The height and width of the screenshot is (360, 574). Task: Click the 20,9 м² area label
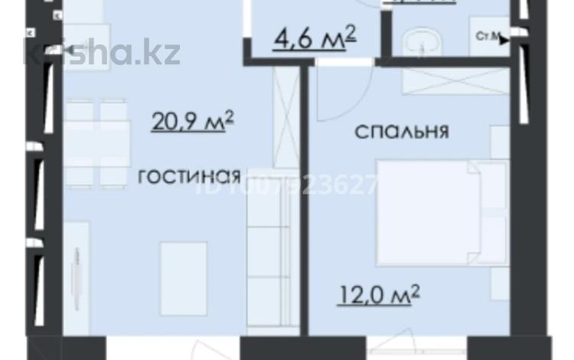pos(192,122)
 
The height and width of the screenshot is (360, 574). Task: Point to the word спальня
pos(401,131)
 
